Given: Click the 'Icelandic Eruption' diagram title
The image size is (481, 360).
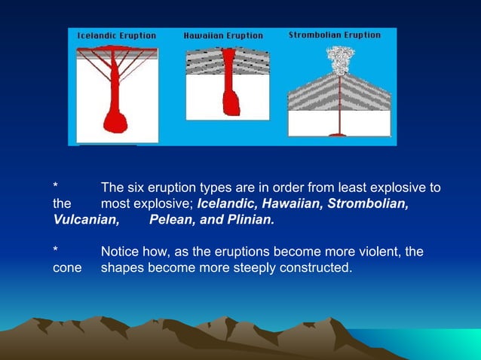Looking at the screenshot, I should click(x=116, y=35).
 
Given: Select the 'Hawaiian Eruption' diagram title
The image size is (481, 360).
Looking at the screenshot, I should click(x=223, y=35).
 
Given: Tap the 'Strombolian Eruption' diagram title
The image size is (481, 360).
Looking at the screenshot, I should click(x=335, y=35).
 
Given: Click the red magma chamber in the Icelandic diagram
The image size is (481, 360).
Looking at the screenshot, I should click(x=115, y=121).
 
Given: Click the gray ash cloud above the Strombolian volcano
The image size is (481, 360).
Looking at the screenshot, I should click(x=339, y=59).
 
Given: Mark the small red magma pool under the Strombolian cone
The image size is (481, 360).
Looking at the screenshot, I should click(x=338, y=135).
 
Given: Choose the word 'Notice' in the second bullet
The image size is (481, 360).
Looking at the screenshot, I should click(x=121, y=252).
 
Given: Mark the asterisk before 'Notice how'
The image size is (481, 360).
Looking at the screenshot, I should click(x=55, y=251).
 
